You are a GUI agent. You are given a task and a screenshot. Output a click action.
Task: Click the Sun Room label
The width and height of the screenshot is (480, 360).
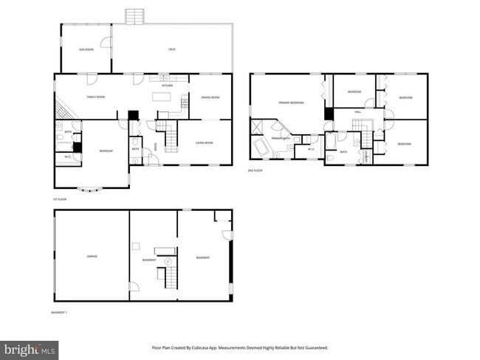[86, 49]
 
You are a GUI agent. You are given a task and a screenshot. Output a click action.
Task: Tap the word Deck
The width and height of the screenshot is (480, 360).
[172, 49]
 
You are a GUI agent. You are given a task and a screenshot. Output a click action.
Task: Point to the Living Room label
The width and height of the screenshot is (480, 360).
[205, 142]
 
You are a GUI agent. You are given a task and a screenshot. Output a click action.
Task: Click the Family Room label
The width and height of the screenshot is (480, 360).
[96, 97]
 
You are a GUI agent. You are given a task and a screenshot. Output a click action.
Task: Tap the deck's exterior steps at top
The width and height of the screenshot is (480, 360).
[133, 16]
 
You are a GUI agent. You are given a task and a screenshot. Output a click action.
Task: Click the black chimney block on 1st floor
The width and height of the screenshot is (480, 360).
[133, 115]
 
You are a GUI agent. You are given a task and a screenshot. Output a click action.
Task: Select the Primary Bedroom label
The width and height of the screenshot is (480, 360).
[292, 103]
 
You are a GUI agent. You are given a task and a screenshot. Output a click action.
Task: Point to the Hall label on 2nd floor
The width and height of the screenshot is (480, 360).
[357, 111]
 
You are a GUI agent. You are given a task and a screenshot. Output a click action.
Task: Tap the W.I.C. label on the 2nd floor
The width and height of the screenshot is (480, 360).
[311, 150]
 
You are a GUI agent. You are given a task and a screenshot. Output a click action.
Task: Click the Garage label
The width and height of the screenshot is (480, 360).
[92, 257]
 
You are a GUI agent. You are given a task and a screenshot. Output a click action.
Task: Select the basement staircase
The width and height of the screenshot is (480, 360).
[168, 277]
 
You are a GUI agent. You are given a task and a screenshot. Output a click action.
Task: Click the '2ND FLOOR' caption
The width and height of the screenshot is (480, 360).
[255, 170]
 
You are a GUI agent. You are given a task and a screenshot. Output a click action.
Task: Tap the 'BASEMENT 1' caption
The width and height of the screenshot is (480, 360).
[59, 313]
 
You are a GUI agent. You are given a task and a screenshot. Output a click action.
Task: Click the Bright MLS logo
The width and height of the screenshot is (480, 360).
[30, 347]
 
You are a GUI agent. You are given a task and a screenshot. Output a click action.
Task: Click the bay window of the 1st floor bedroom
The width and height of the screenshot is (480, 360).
[92, 189]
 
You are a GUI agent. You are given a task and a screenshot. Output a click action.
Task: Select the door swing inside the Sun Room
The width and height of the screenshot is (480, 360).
[106, 42]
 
